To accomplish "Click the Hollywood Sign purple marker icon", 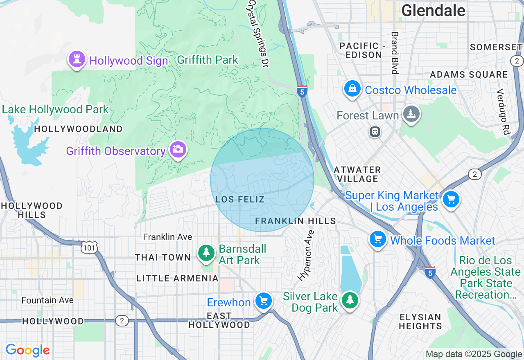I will pos(77,59).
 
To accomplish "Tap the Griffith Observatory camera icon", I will pos(178,150).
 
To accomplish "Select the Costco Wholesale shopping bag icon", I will pos(352,89).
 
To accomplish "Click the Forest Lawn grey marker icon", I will pos(411,113).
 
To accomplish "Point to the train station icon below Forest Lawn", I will pos(375,132).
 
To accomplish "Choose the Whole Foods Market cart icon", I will pos(378,239).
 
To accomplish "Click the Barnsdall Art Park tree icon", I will pos(206,253).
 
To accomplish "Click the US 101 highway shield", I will pos(89,248).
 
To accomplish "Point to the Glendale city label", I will pos(433,10).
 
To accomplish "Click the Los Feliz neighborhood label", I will pos(240,200).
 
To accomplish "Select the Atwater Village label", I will pos(357,174).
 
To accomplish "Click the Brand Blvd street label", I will pos(395,53).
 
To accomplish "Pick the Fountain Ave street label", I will pos(47,300).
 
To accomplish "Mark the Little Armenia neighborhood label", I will pos(177,279).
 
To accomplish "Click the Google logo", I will pos(27,350).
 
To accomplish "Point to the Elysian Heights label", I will pos(420,322).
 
